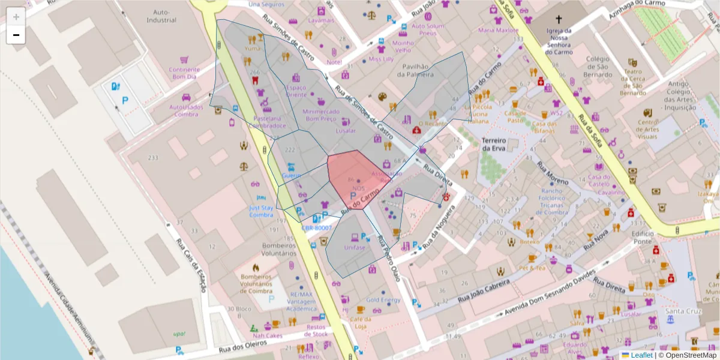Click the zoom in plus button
(16, 17)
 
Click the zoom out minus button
(16, 35)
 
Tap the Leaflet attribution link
(641, 355)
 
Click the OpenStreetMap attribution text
(687, 355)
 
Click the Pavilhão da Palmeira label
(415, 71)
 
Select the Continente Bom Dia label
(184, 73)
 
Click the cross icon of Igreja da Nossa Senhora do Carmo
(559, 19)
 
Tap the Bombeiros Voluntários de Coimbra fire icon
(256, 268)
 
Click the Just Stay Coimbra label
(261, 211)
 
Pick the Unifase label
(355, 247)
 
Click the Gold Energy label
(383, 300)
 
